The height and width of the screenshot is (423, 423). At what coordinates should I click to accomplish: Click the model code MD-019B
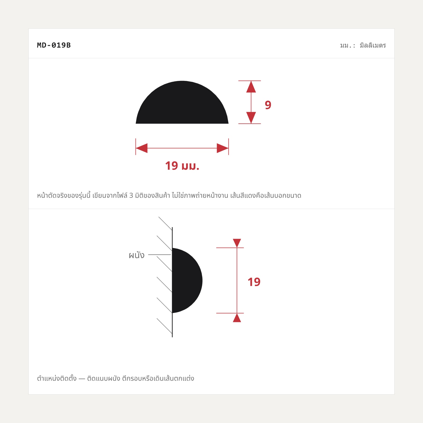[x=54, y=45]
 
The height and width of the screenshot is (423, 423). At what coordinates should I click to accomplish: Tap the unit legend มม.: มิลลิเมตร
[x=363, y=45]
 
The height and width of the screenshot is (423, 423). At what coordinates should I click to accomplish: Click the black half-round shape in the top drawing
[x=182, y=106]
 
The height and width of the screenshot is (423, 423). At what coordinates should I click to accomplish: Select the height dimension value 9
[x=268, y=105]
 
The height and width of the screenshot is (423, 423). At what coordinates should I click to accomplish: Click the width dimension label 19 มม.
[x=182, y=166]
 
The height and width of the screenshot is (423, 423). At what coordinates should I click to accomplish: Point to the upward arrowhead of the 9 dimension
[x=251, y=87]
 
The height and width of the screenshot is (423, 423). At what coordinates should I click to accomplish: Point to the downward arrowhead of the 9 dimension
[x=251, y=118]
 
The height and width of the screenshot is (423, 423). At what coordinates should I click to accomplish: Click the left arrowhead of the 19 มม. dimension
[x=142, y=148]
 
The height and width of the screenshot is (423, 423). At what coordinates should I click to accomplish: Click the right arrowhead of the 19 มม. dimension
[x=223, y=148]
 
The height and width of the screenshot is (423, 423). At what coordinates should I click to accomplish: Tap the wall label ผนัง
[x=137, y=255]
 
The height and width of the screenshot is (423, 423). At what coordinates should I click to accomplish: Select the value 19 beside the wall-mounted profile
[x=254, y=282]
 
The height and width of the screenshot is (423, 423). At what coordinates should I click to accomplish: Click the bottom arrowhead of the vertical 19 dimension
[x=237, y=318]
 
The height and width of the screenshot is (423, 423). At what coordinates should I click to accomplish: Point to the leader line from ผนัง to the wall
[x=160, y=255]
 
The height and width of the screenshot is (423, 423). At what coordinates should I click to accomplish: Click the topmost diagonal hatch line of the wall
[x=165, y=224]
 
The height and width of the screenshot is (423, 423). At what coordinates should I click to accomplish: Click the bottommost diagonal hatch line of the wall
[x=164, y=326]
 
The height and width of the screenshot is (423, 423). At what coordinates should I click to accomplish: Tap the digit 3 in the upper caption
[x=131, y=196]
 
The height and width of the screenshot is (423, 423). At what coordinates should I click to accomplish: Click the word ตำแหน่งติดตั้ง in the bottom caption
[x=57, y=378]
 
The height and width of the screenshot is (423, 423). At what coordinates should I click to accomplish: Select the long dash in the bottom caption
[x=82, y=379]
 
